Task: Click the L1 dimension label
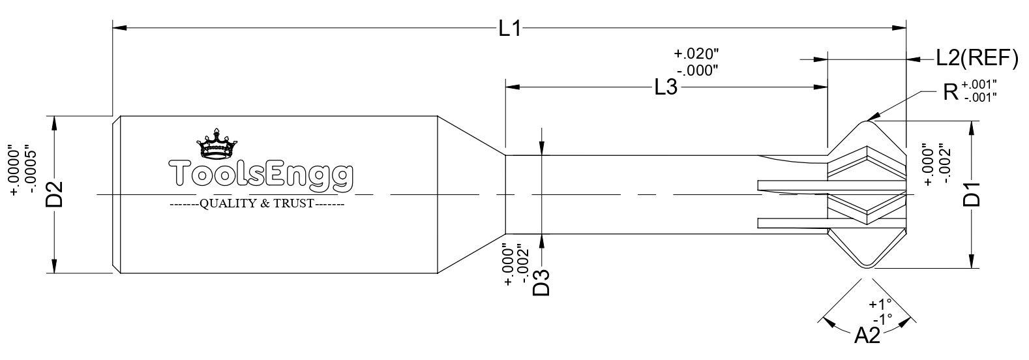tap(510, 29)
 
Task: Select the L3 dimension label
tap(666, 87)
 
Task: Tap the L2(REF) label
tap(977, 59)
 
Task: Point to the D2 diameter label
tap(54, 194)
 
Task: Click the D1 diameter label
tap(972, 194)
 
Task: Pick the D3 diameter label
tap(541, 282)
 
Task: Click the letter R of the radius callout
tap(951, 92)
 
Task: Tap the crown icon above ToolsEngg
tap(216, 143)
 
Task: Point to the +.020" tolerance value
tap(696, 53)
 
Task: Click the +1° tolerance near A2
tap(880, 304)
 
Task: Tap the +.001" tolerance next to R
tap(979, 84)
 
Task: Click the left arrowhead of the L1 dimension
tap(119, 28)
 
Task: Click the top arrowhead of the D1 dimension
tap(972, 128)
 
